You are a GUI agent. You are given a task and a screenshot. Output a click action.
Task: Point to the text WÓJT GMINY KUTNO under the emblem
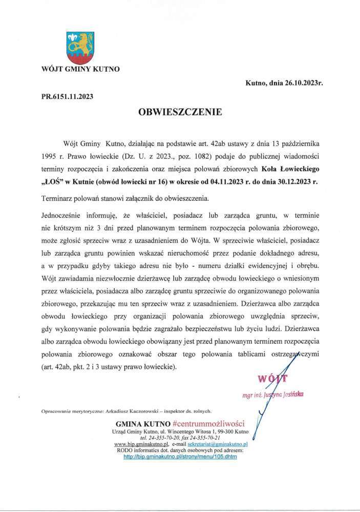[x=80, y=69]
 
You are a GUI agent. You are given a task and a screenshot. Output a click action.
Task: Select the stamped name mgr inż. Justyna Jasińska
[x=273, y=394]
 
